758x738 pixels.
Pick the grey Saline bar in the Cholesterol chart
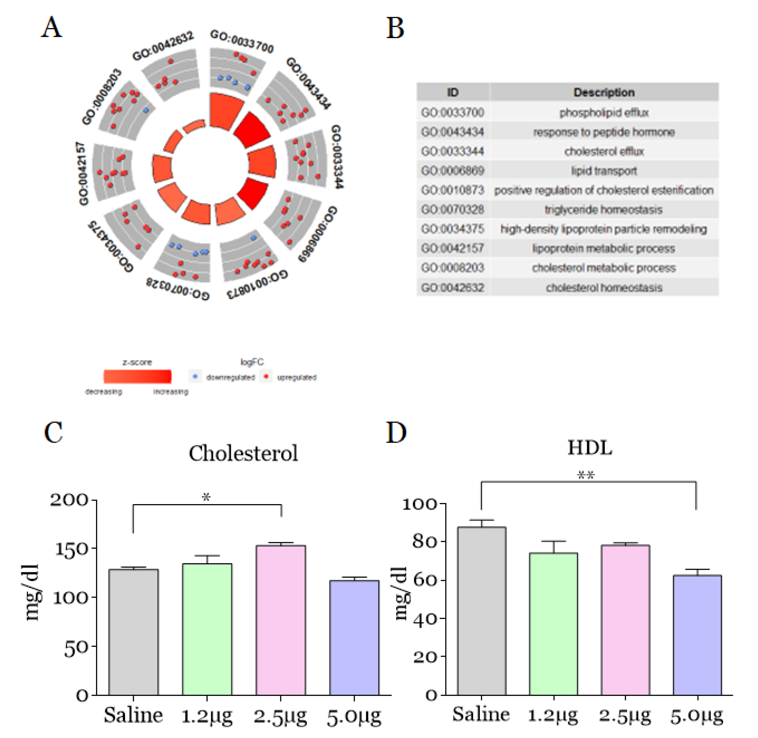tap(133, 631)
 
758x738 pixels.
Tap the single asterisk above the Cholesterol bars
tap(206, 498)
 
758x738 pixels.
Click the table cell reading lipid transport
tap(604, 171)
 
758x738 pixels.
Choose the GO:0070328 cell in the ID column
tap(452, 210)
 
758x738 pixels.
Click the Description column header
tap(604, 93)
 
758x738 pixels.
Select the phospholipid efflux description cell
tap(604, 113)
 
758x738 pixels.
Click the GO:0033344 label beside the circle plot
tap(337, 157)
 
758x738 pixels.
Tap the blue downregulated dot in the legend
tap(195, 376)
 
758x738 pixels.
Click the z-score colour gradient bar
tap(137, 376)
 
